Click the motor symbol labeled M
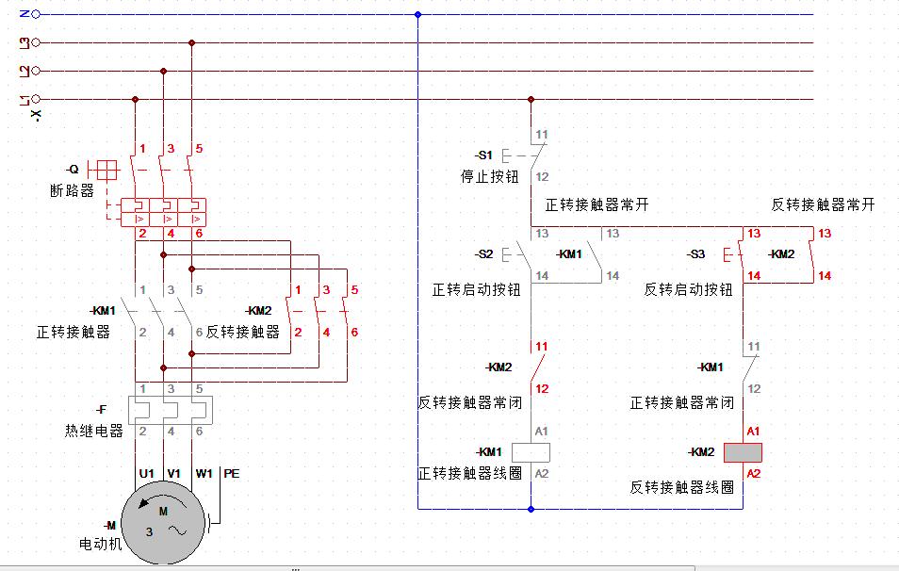(163, 523)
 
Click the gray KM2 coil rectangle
(743, 452)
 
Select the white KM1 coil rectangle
(531, 451)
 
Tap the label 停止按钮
(488, 176)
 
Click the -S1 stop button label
(482, 155)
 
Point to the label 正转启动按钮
(476, 290)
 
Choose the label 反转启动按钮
(688, 290)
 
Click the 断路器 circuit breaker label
(73, 190)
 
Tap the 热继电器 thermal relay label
(94, 431)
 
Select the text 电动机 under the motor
(101, 544)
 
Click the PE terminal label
(232, 474)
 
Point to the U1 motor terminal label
(146, 474)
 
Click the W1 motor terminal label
(204, 474)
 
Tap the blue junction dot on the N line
(417, 14)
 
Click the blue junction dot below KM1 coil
(531, 509)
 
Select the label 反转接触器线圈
(681, 487)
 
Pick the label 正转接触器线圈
(469, 473)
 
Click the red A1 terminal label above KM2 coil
(753, 431)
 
